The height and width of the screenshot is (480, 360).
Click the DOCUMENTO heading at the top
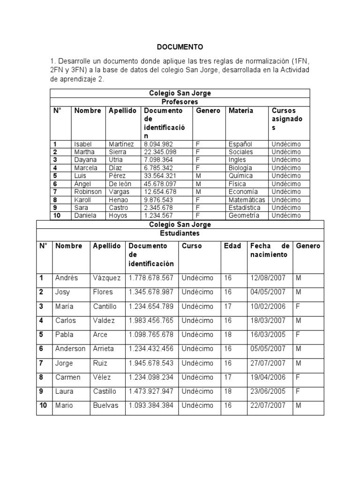[180, 47]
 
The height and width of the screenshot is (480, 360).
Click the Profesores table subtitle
[180, 101]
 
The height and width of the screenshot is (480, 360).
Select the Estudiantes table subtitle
[180, 233]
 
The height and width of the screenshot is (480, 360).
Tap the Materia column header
[241, 111]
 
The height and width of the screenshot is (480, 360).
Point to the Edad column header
[232, 246]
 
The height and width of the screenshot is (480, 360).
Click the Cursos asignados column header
[287, 119]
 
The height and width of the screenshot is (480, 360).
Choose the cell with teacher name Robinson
[88, 192]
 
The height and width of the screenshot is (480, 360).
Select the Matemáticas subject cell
[247, 200]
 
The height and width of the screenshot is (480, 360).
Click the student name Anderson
[70, 349]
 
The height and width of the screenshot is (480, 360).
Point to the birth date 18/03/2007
[268, 321]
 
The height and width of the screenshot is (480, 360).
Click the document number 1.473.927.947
[151, 391]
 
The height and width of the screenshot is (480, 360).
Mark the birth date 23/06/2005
[268, 391]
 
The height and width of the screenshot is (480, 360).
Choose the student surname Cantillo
[105, 306]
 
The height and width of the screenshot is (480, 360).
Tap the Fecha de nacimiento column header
[270, 250]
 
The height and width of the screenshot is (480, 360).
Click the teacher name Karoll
[84, 200]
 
